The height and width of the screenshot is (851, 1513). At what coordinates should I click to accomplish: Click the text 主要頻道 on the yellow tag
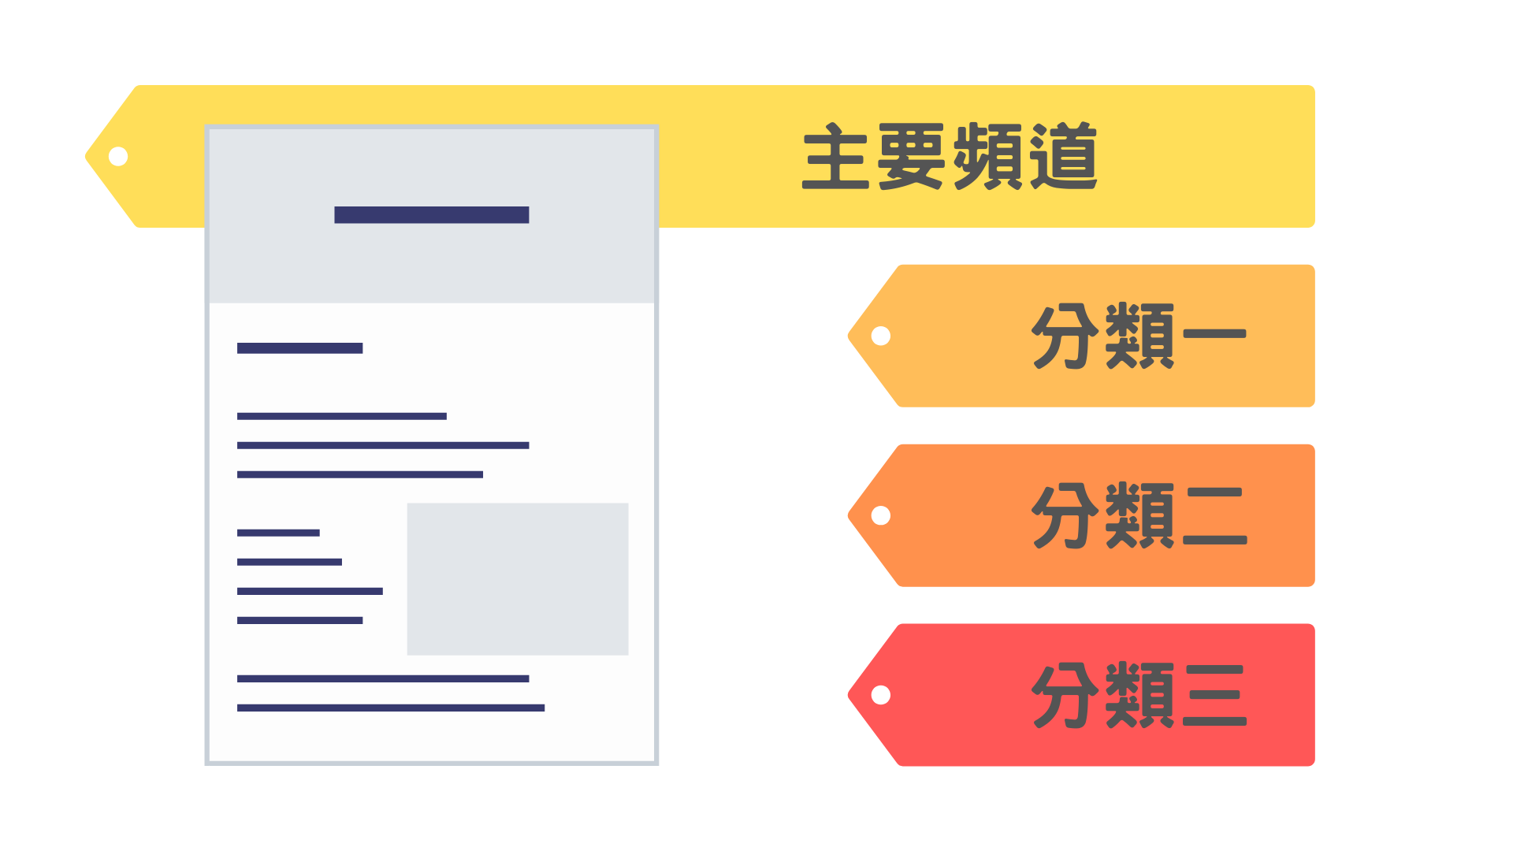click(950, 156)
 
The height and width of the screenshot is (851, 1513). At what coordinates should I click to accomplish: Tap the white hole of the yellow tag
click(118, 157)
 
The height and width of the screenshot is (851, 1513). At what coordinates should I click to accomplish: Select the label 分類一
click(1139, 336)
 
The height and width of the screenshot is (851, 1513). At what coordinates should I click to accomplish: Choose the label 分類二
click(1139, 515)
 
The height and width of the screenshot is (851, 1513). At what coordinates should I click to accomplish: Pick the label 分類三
click(1139, 695)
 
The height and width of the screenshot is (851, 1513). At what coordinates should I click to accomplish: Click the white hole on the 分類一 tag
click(881, 336)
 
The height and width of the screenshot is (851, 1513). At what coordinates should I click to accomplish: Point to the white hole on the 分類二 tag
click(881, 516)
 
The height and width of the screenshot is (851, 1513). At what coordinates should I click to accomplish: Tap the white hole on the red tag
click(881, 695)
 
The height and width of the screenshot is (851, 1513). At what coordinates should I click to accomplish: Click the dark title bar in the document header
click(431, 215)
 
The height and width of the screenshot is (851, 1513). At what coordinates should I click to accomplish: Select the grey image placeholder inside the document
click(517, 578)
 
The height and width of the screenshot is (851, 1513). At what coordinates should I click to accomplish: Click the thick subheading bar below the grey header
click(299, 348)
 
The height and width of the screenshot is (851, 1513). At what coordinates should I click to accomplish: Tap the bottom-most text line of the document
click(390, 708)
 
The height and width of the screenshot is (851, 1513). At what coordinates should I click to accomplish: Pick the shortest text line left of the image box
click(278, 533)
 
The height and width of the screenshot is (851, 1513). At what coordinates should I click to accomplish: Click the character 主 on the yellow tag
click(835, 156)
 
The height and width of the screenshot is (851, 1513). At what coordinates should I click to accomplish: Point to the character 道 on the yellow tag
click(1064, 156)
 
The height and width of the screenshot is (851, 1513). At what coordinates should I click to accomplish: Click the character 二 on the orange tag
click(1214, 515)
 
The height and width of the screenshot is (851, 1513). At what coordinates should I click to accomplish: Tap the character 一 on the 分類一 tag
click(1214, 334)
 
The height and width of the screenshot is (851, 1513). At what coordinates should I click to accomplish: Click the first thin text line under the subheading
click(341, 416)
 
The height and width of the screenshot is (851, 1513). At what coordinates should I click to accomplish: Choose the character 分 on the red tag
click(1065, 695)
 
